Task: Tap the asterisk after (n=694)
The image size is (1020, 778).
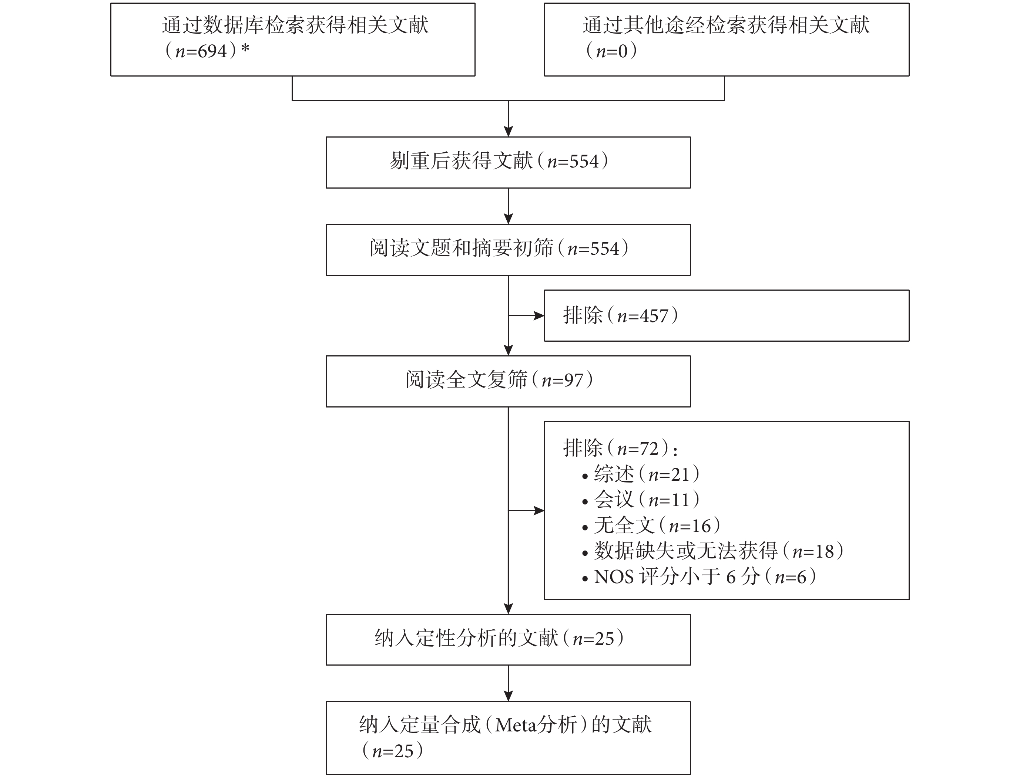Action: pyautogui.click(x=245, y=48)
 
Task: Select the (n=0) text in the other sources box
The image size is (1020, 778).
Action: pyautogui.click(x=611, y=51)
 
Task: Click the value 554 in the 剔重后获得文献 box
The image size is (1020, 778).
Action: pyautogui.click(x=584, y=162)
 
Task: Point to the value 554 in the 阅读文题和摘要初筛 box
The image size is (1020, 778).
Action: pyautogui.click(x=605, y=249)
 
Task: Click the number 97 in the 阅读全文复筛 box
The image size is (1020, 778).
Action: pyautogui.click(x=574, y=380)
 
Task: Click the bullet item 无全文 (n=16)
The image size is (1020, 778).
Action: pyautogui.click(x=651, y=525)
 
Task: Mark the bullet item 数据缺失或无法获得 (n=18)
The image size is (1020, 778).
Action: pyautogui.click(x=713, y=551)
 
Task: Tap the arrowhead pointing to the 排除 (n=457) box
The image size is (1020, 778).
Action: pyautogui.click(x=539, y=316)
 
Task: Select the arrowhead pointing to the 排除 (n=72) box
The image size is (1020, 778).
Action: pyautogui.click(x=539, y=511)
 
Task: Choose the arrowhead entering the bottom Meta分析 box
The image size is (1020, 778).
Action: pyautogui.click(x=509, y=696)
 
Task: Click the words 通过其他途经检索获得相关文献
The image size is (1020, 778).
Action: pyautogui.click(x=726, y=25)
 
